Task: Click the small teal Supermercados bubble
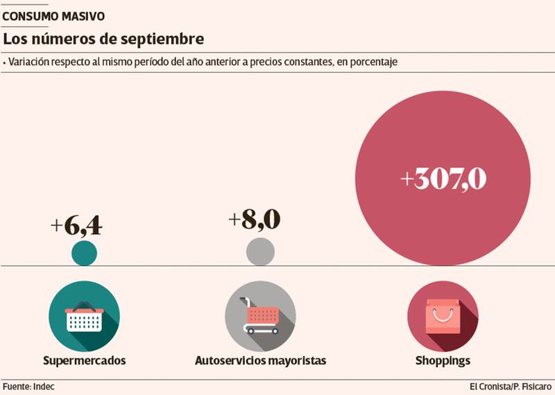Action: tap(85, 252)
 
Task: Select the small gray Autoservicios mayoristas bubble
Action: tap(260, 252)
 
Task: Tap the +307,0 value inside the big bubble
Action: tap(444, 179)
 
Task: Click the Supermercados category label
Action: tap(85, 361)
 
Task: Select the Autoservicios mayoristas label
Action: tap(260, 361)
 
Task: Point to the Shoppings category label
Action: tap(443, 361)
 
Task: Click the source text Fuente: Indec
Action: tap(28, 385)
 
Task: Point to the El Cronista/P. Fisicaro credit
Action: tap(511, 385)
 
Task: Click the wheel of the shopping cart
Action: tap(250, 331)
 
